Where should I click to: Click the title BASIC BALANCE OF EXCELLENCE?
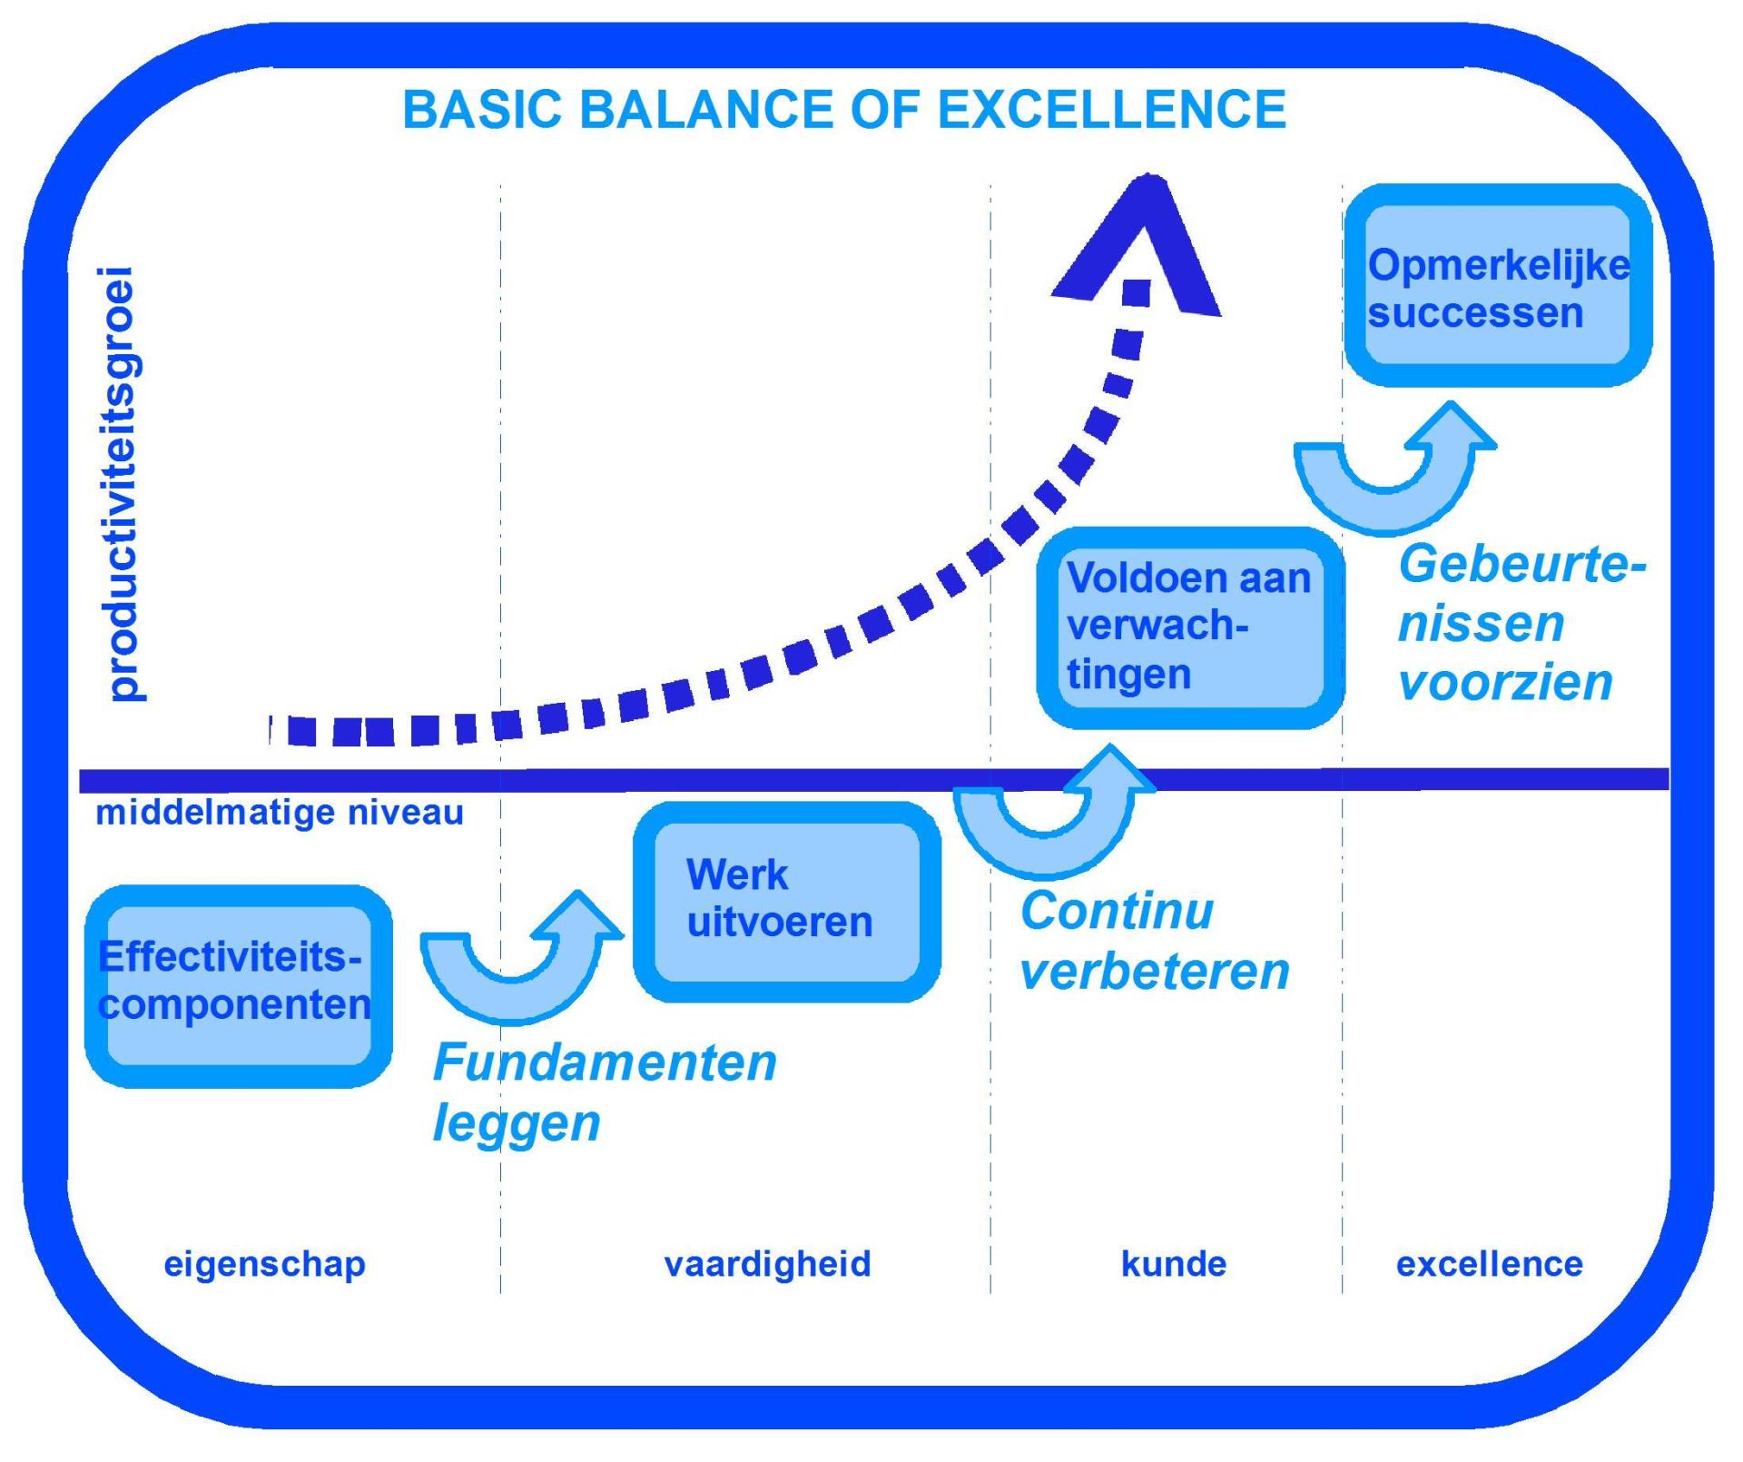[844, 110]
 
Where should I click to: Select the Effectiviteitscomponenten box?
[239, 986]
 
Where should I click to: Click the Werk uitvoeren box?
[787, 902]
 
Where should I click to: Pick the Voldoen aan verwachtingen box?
[1190, 627]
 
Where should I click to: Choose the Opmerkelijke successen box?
[1498, 285]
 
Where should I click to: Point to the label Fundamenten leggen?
[605, 1092]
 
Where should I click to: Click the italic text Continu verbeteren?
[1155, 941]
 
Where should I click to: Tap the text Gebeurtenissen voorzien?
[1522, 623]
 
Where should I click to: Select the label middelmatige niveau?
[280, 813]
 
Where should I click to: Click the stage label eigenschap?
[264, 1264]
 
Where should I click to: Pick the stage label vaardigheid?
[768, 1264]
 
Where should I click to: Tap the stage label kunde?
[1174, 1264]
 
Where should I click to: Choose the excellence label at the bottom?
[1490, 1264]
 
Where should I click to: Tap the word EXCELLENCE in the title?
[1111, 110]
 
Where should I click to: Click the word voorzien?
[1506, 683]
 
